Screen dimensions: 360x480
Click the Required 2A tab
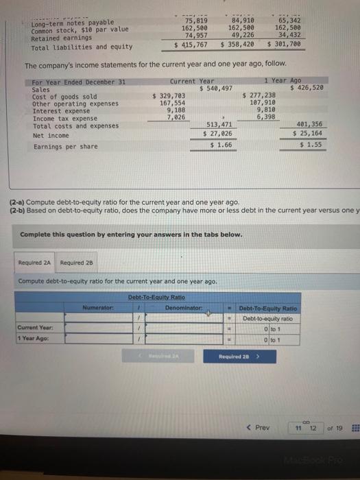coord(36,263)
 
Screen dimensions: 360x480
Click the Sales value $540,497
coord(216,88)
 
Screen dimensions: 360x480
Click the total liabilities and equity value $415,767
coord(192,45)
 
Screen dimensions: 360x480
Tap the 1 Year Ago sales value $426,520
coord(309,88)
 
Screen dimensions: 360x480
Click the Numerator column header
coord(97,308)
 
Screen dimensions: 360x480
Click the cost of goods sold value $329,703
coord(169,95)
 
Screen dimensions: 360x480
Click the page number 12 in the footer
coord(312,429)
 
